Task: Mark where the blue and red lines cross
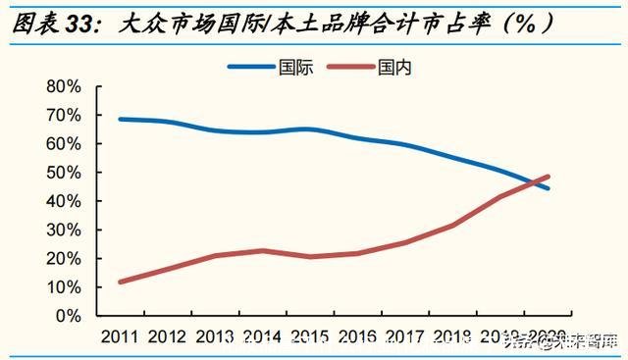535,182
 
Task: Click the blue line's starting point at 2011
120,119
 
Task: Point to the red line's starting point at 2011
120,282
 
